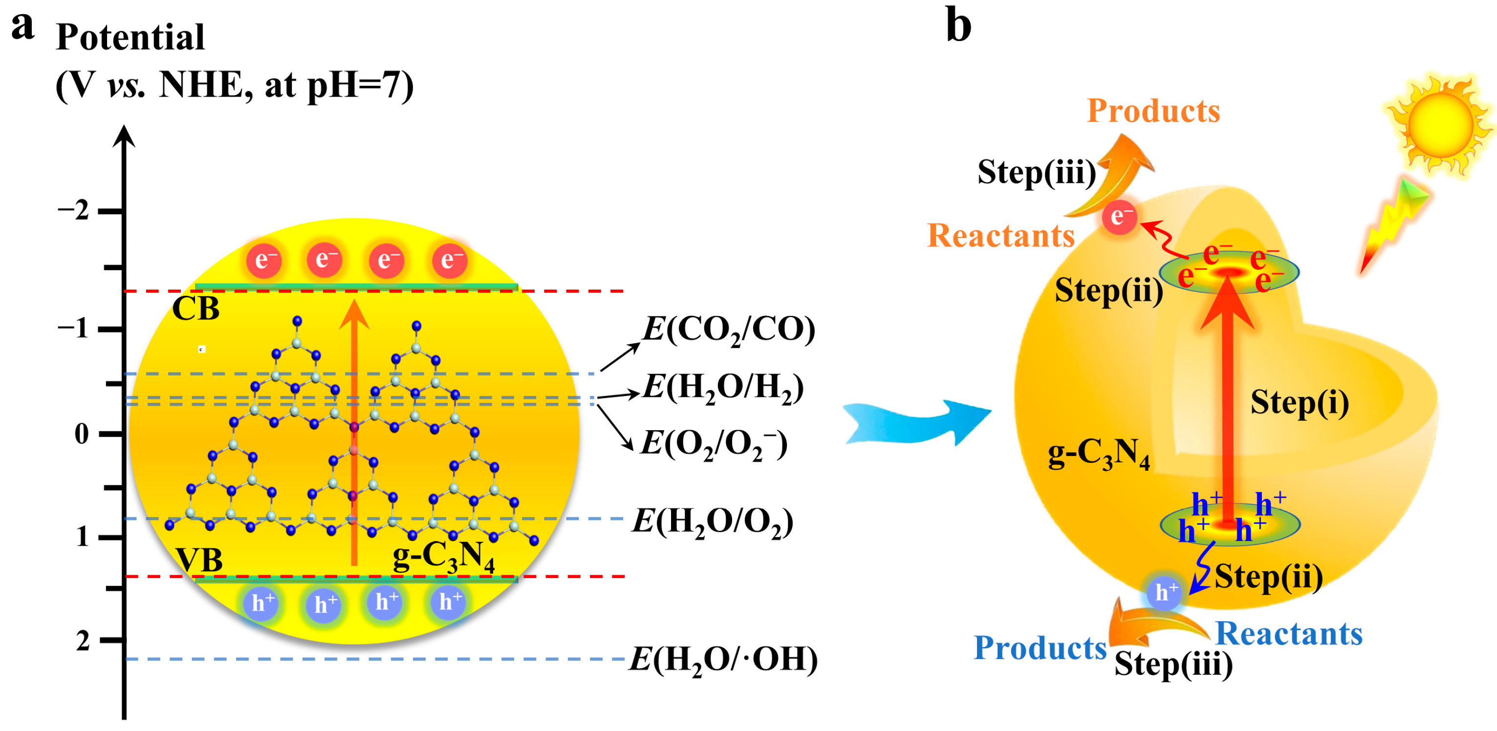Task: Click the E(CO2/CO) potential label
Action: [728, 330]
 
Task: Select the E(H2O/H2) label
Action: [723, 387]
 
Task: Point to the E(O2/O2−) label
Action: [714, 444]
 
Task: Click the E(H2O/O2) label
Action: [713, 522]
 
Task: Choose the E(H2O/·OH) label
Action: [723, 660]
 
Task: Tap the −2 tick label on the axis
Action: [73, 210]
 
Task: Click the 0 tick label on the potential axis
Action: [82, 434]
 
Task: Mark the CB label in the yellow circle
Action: [196, 308]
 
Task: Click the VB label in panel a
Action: [199, 560]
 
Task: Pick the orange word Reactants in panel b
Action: [1001, 236]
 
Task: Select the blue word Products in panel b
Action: [1040, 647]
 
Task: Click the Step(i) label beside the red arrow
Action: [1300, 402]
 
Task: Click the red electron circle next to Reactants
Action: [1120, 217]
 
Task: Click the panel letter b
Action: [958, 25]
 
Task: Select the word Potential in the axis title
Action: [130, 37]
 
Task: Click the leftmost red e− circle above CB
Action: [264, 260]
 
